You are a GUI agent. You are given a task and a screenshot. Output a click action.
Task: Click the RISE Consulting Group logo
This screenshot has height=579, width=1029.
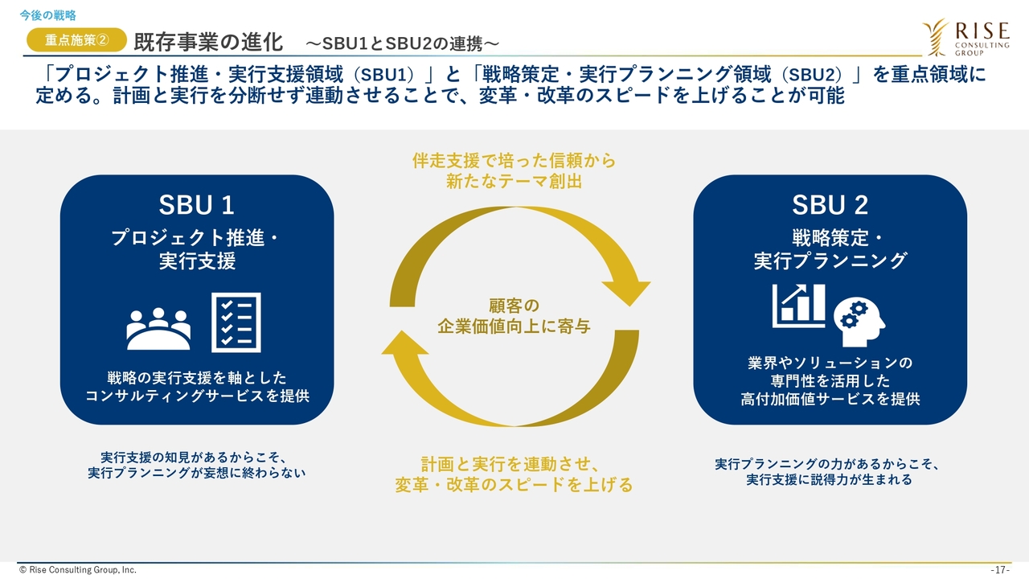coord(965,36)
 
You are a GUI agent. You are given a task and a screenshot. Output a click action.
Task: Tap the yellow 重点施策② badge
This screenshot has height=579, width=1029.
coord(76,39)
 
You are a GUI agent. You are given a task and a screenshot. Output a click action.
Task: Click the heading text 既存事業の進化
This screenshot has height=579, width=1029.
coord(208,41)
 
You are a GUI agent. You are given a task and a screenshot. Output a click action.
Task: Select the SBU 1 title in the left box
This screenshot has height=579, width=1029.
coord(196,205)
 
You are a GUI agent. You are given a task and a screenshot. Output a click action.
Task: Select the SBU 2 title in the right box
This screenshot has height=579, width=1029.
coord(830,205)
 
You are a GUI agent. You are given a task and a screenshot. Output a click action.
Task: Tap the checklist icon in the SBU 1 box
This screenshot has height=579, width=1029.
coord(236,322)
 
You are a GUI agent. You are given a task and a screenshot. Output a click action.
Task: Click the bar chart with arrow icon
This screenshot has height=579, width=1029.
coord(798,306)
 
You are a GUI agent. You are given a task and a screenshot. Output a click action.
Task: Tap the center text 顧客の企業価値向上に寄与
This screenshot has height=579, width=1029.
coord(514,316)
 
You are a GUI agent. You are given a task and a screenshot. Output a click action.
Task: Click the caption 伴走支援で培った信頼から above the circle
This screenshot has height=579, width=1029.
coord(514,161)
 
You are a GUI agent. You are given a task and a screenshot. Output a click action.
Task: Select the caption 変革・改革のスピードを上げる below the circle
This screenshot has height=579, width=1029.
coord(514,485)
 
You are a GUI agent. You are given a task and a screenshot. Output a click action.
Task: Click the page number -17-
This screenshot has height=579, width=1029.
coord(1000,569)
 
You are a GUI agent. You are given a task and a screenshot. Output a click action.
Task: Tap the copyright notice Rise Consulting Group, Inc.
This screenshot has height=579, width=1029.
coord(78,569)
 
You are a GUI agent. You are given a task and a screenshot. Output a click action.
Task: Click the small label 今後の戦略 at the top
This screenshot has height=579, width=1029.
coord(48,14)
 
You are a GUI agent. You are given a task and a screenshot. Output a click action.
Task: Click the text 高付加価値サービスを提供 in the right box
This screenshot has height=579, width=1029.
coord(830,399)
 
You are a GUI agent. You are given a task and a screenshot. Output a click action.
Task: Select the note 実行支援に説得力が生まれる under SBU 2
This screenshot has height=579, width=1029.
coord(829,480)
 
